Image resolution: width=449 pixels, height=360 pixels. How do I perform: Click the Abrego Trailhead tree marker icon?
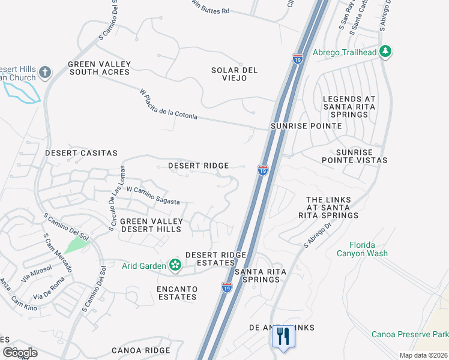point(385,52)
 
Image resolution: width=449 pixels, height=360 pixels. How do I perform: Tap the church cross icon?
point(44,74)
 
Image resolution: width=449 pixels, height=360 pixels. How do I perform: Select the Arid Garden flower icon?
point(175,265)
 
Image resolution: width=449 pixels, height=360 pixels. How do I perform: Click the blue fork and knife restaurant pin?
point(281,337)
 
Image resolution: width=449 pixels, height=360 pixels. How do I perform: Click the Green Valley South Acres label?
point(99,68)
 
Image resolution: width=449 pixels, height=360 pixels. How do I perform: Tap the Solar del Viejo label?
point(234,74)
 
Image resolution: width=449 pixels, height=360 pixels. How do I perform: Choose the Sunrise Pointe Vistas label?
point(354,156)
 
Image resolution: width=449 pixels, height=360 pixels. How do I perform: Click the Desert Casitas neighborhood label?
point(81,153)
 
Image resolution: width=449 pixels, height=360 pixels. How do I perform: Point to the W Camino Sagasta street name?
point(153,196)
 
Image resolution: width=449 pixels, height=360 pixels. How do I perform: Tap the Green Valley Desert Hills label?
point(151,225)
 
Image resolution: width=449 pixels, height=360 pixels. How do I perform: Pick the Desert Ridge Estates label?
point(215,259)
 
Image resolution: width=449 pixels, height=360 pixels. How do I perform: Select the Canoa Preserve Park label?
point(409,334)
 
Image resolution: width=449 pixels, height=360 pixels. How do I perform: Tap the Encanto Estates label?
point(176,293)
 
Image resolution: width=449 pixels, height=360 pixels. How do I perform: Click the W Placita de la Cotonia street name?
point(168,104)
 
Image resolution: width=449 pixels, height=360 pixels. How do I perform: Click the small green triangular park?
point(75,244)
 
